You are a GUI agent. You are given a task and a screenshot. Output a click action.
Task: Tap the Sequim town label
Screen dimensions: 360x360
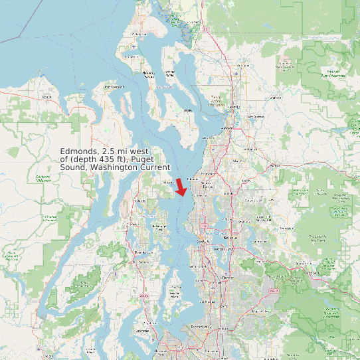click(x=46, y=97)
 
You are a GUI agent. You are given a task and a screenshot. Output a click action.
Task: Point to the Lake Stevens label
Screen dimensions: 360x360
click(x=255, y=117)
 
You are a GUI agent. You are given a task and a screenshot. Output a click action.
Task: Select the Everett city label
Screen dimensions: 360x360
click(x=228, y=128)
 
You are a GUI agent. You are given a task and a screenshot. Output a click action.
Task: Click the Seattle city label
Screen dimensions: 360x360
click(x=202, y=241)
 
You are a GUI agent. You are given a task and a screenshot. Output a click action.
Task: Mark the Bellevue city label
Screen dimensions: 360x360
click(x=230, y=237)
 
